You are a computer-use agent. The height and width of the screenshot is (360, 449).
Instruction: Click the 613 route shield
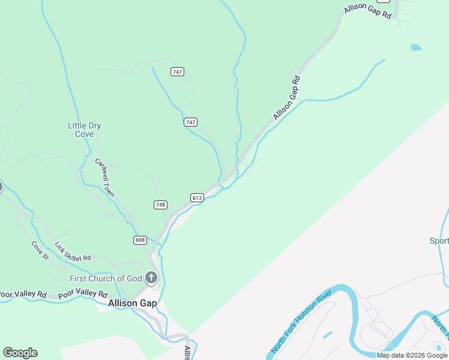tap(197, 197)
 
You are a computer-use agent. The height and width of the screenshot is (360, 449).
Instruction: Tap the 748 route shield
tap(160, 205)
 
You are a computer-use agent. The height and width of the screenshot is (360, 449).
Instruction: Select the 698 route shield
tap(140, 240)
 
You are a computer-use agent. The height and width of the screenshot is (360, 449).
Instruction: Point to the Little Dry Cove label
tap(85, 130)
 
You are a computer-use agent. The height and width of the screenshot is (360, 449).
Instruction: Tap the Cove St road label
tap(40, 250)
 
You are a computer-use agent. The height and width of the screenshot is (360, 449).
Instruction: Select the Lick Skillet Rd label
tap(73, 252)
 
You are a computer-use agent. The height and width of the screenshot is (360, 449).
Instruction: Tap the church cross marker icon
tap(151, 277)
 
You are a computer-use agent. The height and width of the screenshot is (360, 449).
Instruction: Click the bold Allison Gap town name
tap(133, 304)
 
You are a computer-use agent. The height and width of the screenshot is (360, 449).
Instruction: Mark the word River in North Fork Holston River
tap(324, 298)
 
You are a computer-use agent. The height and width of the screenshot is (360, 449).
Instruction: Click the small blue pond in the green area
tap(416, 47)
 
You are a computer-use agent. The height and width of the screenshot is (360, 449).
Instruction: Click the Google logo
tap(20, 353)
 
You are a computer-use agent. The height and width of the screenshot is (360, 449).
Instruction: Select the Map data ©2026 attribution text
tap(412, 355)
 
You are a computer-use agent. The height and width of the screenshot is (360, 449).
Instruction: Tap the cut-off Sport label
tap(439, 241)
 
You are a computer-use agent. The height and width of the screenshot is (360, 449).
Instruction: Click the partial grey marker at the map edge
tap(1, 187)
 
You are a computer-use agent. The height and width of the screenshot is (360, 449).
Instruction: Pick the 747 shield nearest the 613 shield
tap(190, 122)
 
